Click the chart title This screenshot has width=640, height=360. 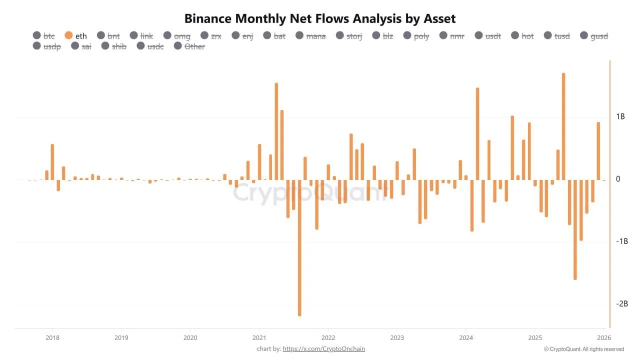pyautogui.click(x=320, y=18)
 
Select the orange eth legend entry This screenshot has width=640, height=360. pyautogui.click(x=75, y=35)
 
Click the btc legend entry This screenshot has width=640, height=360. pyautogui.click(x=43, y=35)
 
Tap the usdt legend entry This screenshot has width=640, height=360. pyautogui.click(x=488, y=35)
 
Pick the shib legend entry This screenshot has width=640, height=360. pyautogui.click(x=113, y=46)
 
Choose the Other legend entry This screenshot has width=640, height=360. pyautogui.click(x=189, y=46)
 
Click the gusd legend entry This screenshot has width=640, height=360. pyautogui.click(x=594, y=35)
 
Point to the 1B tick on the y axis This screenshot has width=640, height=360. pyautogui.click(x=620, y=116)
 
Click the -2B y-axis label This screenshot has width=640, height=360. pyautogui.click(x=621, y=303)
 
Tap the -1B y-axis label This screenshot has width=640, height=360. pyautogui.click(x=621, y=241)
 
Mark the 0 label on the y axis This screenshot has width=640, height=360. pyautogui.click(x=618, y=179)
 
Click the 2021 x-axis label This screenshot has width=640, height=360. pyautogui.click(x=259, y=337)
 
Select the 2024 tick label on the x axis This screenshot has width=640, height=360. pyautogui.click(x=465, y=337)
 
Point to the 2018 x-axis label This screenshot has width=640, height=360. pyautogui.click(x=52, y=337)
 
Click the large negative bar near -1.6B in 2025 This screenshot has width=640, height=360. pyautogui.click(x=575, y=229)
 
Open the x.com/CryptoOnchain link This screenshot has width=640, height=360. pyautogui.click(x=323, y=348)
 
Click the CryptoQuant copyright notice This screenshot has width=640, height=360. pyautogui.click(x=583, y=349)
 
